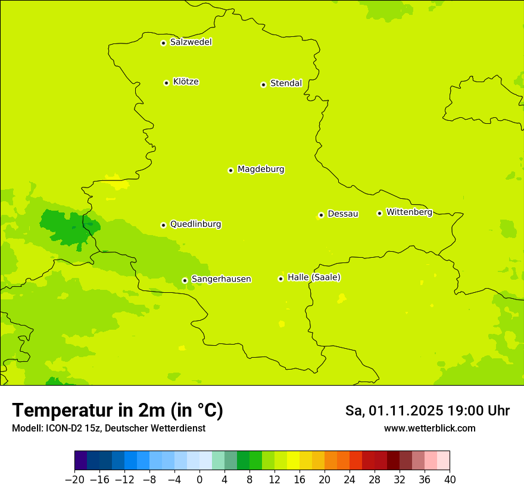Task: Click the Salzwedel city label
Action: pos(191,42)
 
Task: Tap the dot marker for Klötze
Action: pos(166,83)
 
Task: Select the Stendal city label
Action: pos(286,83)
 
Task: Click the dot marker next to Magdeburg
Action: pos(230,170)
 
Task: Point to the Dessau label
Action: pos(343,214)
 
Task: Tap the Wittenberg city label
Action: pos(409,212)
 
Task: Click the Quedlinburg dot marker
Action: pos(163,225)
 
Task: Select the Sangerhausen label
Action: pos(221,279)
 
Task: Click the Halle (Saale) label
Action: pos(314,277)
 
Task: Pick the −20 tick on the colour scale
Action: pos(74,479)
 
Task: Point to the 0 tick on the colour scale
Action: pos(199,479)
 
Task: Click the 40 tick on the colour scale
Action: pos(450,479)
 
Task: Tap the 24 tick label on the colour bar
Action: pos(350,479)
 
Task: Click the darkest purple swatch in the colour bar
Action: pos(80,461)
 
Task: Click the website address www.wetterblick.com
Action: pos(429,428)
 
